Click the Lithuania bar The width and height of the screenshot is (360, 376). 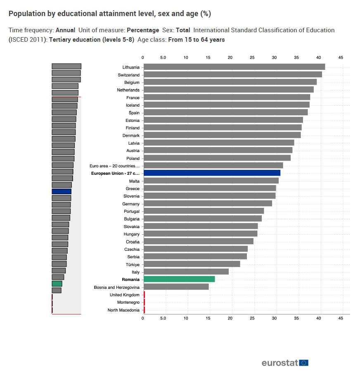pyautogui.click(x=234, y=67)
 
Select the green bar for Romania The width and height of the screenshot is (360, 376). pyautogui.click(x=179, y=279)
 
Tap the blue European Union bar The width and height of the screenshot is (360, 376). pyautogui.click(x=212, y=173)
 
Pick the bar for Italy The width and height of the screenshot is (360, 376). pyautogui.click(x=186, y=272)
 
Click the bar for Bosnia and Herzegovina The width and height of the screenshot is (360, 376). pyautogui.click(x=176, y=287)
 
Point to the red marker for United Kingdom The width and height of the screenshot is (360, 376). pyautogui.click(x=144, y=295)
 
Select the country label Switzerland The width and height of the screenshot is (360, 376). pyautogui.click(x=128, y=75)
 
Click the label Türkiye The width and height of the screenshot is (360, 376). pyautogui.click(x=133, y=264)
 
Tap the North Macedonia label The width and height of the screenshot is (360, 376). pyautogui.click(x=123, y=310)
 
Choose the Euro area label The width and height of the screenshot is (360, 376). pyautogui.click(x=114, y=166)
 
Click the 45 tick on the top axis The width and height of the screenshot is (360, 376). pyautogui.click(x=341, y=57)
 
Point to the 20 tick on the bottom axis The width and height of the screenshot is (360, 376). pyautogui.click(x=230, y=319)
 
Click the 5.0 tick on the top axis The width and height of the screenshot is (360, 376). pyautogui.click(x=163, y=57)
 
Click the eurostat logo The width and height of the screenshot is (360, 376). pyautogui.click(x=279, y=363)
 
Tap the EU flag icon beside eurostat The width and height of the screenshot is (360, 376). pyautogui.click(x=304, y=363)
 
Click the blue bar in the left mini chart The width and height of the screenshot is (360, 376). pyautogui.click(x=62, y=191)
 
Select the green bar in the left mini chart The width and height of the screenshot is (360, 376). pyautogui.click(x=57, y=283)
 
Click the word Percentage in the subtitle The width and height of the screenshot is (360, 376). pyautogui.click(x=143, y=30)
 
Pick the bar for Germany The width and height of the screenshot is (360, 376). pyautogui.click(x=208, y=203)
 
